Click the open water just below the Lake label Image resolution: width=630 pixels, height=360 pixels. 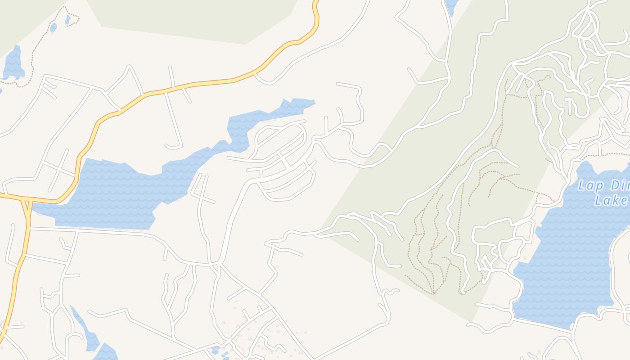[580, 252]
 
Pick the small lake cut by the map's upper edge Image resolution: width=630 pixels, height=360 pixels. [451, 5]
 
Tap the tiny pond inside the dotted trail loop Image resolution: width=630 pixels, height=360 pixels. [67, 19]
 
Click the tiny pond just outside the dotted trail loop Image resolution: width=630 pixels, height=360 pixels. [53, 27]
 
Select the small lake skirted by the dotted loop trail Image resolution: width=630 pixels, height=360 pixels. [13, 63]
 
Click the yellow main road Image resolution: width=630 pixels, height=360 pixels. [202, 83]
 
